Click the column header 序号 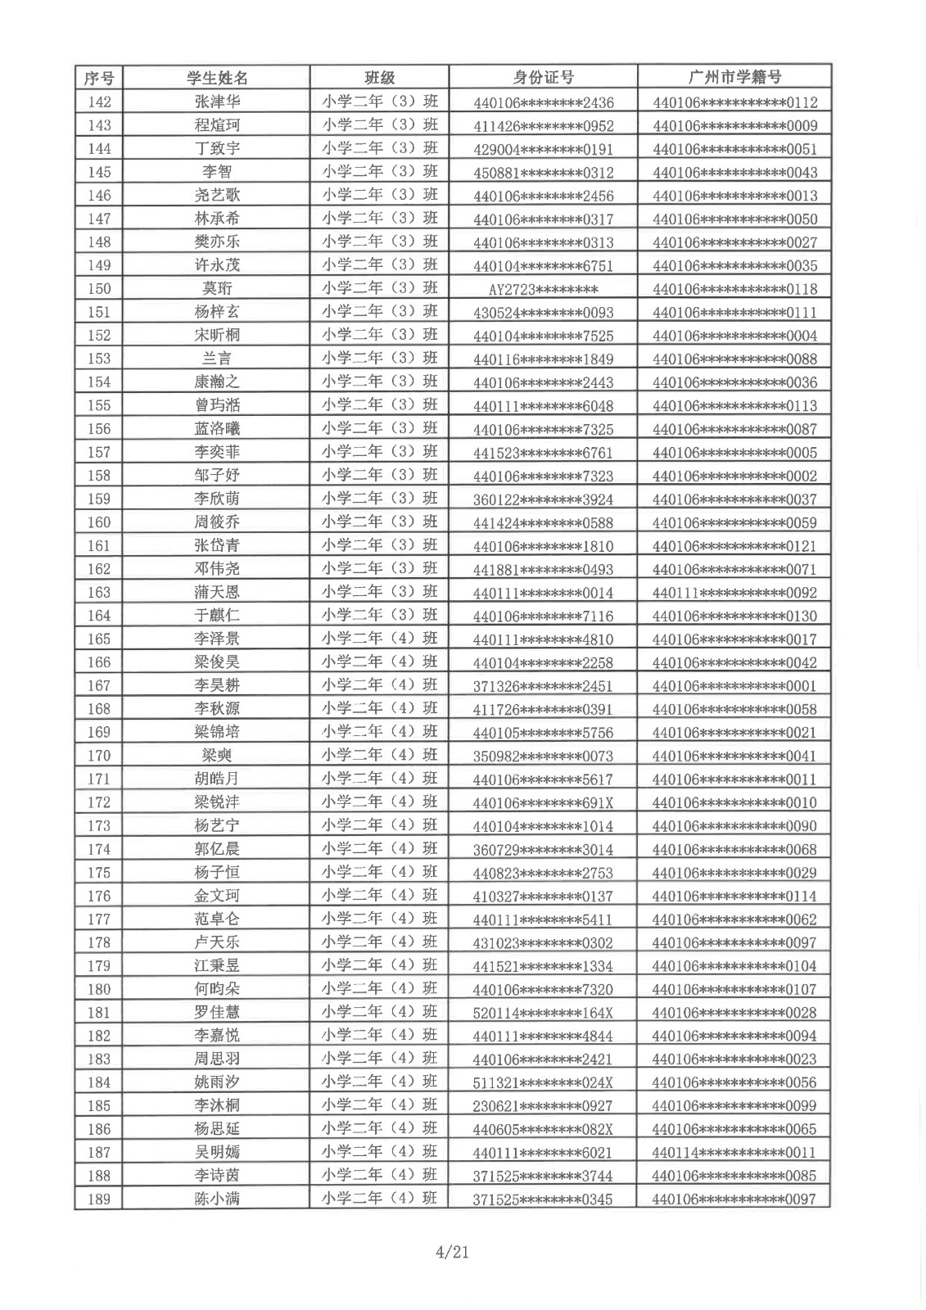click(99, 78)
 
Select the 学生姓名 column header click(217, 78)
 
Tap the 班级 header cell click(379, 78)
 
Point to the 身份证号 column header click(543, 78)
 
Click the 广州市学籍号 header click(734, 78)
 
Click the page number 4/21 click(453, 1252)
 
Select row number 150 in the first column click(99, 288)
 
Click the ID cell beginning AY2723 click(543, 289)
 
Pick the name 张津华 click(217, 102)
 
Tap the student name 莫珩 click(217, 288)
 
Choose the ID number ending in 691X click(543, 802)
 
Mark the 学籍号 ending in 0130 click(734, 616)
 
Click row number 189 click(99, 1199)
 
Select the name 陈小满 click(217, 1199)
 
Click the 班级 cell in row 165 click(379, 639)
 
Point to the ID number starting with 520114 click(543, 1013)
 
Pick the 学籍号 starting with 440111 click(734, 593)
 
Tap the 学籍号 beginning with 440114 click(734, 1152)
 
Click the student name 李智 click(217, 171)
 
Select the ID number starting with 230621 click(543, 1106)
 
